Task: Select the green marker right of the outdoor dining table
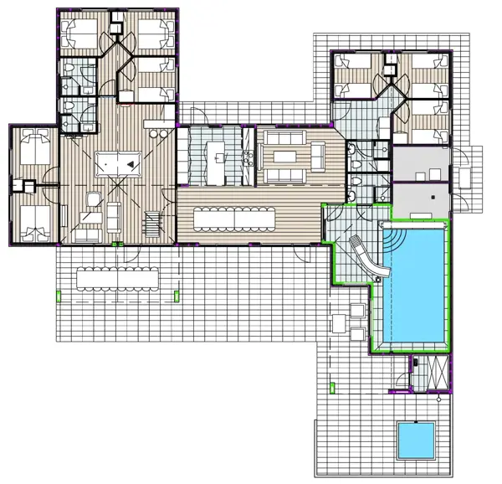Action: pyautogui.click(x=177, y=294)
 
